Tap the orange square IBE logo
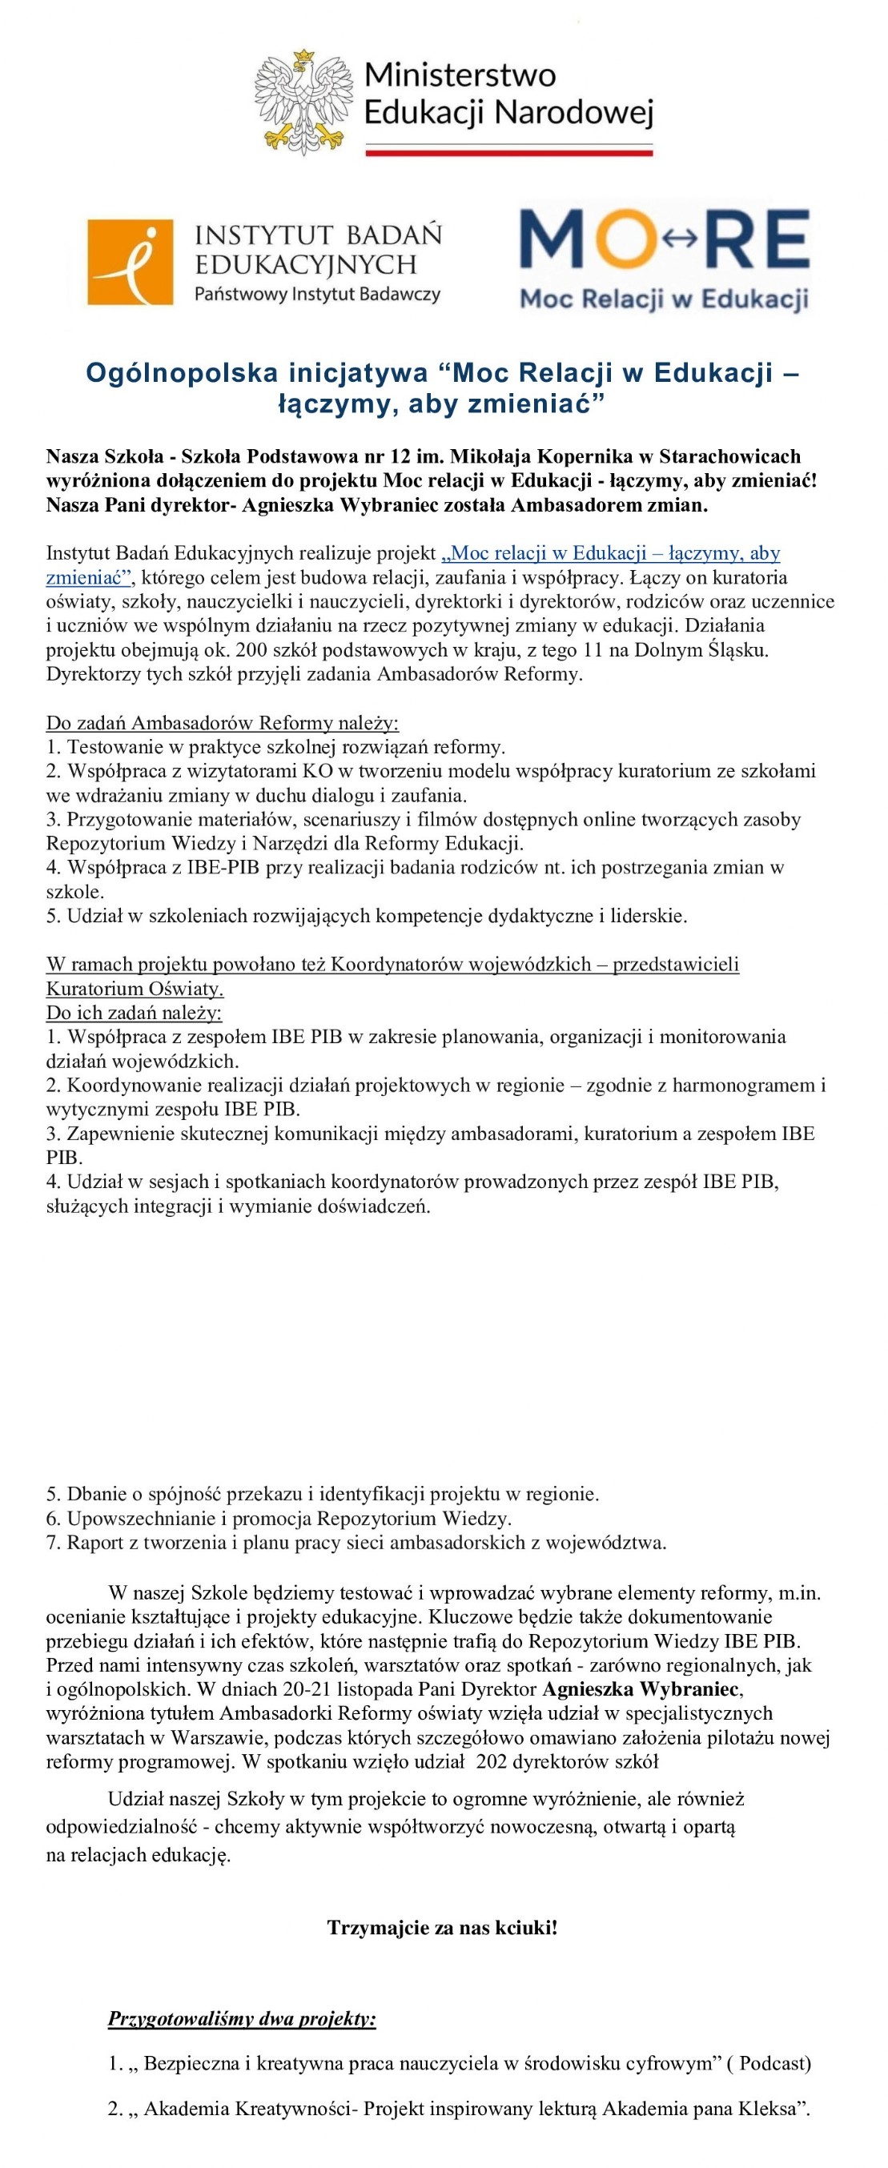pyautogui.click(x=131, y=262)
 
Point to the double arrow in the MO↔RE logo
pyautogui.click(x=680, y=239)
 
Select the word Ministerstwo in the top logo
pyautogui.click(x=460, y=76)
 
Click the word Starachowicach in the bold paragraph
pyautogui.click(x=729, y=457)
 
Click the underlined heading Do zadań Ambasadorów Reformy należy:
pyautogui.click(x=223, y=723)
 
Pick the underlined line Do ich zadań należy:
pyautogui.click(x=134, y=1013)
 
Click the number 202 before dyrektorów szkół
pyautogui.click(x=492, y=1762)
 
